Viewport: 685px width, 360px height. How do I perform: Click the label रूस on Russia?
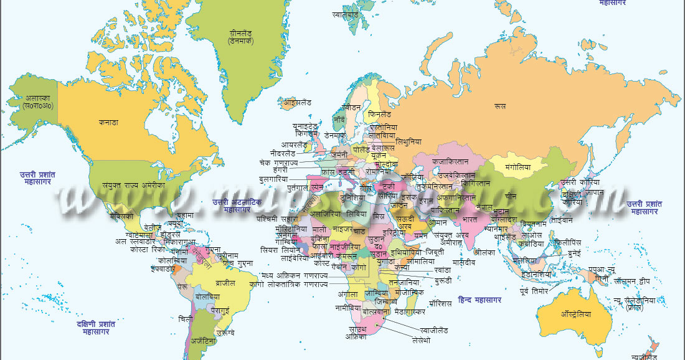pos(500,107)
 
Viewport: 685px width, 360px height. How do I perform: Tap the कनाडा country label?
pos(108,122)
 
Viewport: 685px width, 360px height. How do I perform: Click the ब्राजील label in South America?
pos(225,282)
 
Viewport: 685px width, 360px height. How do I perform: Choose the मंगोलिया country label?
pos(517,167)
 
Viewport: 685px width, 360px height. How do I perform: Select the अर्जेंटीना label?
pos(203,341)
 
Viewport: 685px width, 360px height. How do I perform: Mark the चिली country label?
pos(185,319)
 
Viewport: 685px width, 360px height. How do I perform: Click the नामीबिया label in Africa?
pos(347,308)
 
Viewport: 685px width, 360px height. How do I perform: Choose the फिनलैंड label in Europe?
pos(380,115)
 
